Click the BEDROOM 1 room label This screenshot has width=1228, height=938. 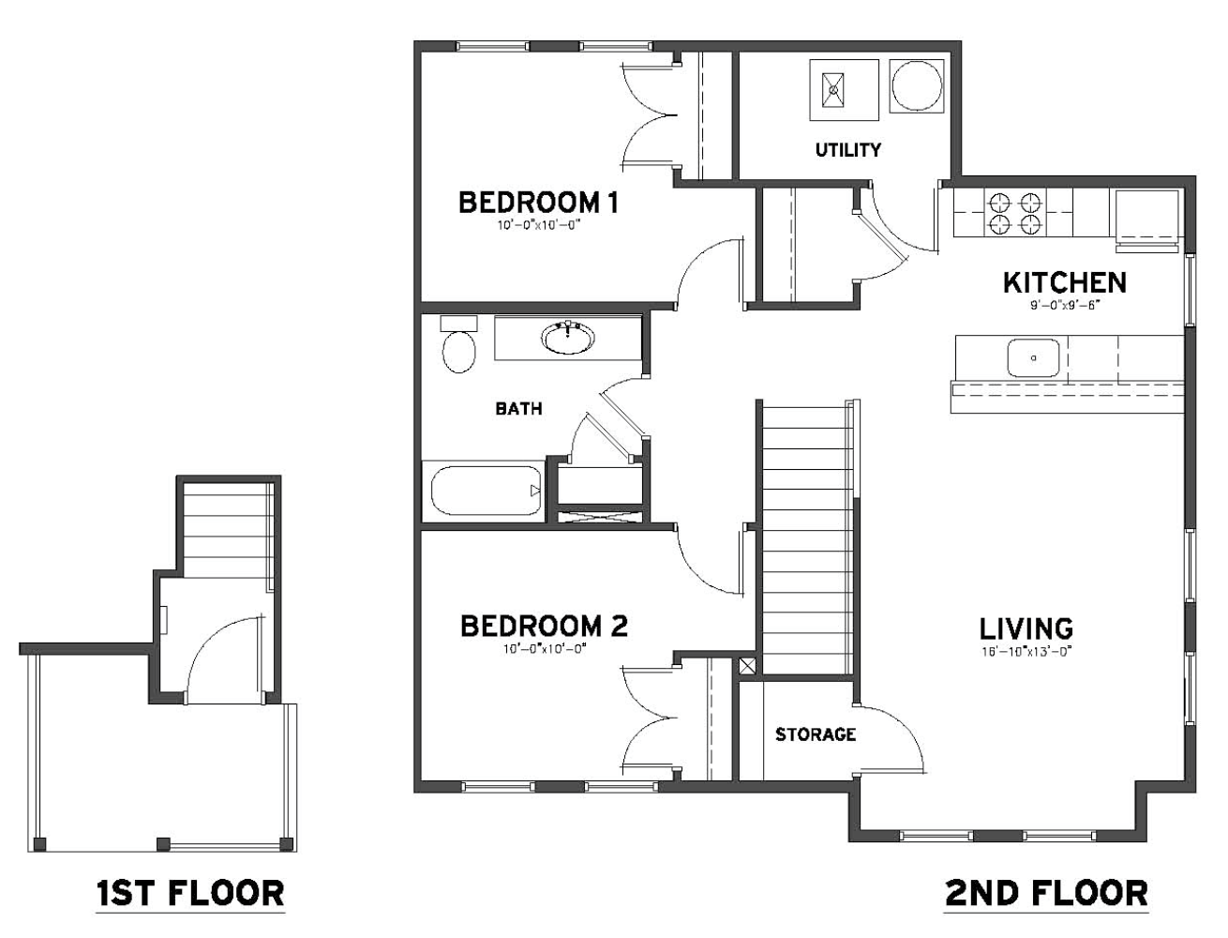pyautogui.click(x=538, y=202)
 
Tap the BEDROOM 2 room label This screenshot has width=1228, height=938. pyautogui.click(x=544, y=626)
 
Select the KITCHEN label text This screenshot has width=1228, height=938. pyautogui.click(x=1065, y=282)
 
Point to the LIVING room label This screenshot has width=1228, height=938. pyautogui.click(x=1026, y=628)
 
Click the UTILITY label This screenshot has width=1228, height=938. pyautogui.click(x=847, y=150)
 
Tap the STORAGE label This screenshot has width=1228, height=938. pyautogui.click(x=816, y=734)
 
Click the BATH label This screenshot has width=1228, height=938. pyautogui.click(x=518, y=409)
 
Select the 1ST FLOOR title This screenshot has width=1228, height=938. pyautogui.click(x=190, y=893)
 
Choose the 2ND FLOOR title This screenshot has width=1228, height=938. pyautogui.click(x=1047, y=893)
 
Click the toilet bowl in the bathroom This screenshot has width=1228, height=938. pyautogui.click(x=458, y=352)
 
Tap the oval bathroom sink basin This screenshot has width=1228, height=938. pyautogui.click(x=567, y=338)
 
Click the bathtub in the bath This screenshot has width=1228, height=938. pyautogui.click(x=486, y=491)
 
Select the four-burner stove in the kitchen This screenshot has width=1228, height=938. pyautogui.click(x=1013, y=213)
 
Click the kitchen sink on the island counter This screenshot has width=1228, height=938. pyautogui.click(x=1033, y=357)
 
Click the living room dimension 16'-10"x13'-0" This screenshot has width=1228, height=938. pyautogui.click(x=1026, y=652)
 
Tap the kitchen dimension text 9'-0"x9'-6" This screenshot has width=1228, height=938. pyautogui.click(x=1065, y=306)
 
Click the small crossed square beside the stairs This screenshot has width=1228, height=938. pyautogui.click(x=747, y=665)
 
